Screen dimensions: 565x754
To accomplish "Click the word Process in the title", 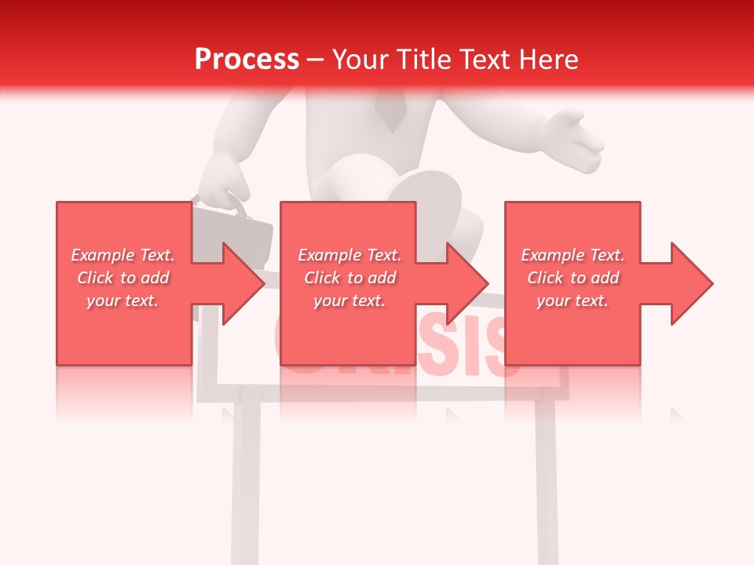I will [247, 60].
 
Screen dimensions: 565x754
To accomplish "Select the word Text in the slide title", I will [486, 60].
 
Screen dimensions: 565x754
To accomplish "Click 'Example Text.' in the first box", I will [123, 255].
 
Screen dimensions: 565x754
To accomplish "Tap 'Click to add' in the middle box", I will [350, 278].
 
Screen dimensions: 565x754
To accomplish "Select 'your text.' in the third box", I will [573, 301].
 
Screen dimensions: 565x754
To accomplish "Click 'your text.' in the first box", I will [123, 301].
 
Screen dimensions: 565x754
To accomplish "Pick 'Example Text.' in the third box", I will [573, 255].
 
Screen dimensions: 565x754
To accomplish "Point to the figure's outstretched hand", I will [577, 137].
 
